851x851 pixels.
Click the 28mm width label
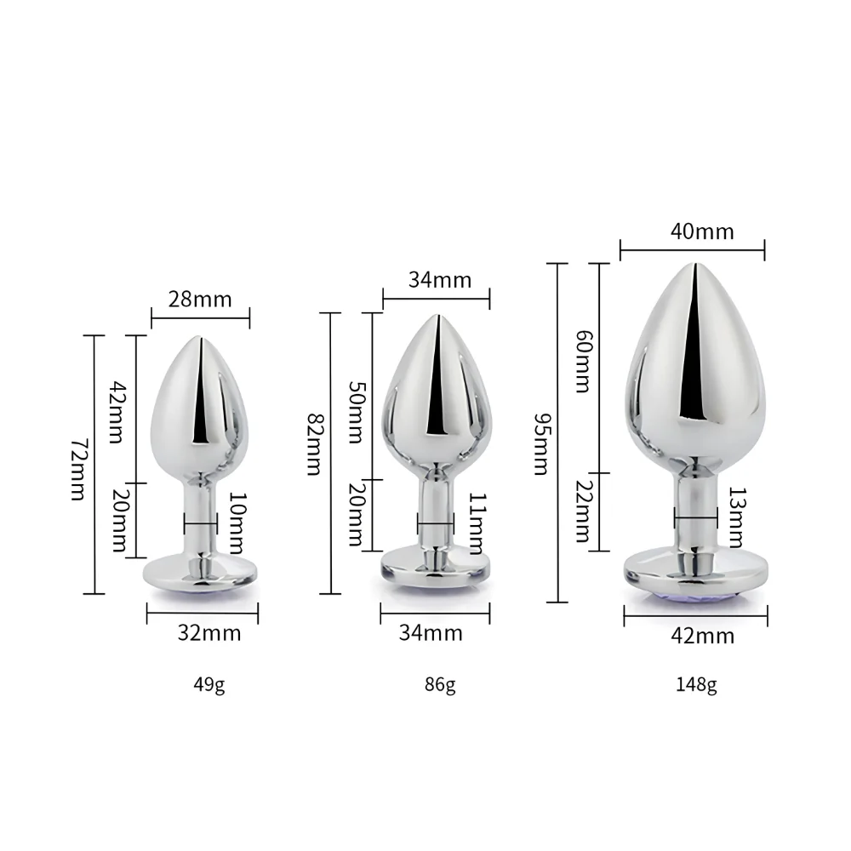[x=201, y=300]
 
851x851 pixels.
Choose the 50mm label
[x=357, y=413]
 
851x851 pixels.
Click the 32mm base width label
[x=208, y=633]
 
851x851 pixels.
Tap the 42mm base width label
[x=702, y=636]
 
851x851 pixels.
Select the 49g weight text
[x=208, y=683]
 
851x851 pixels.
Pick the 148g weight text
[x=698, y=684]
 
